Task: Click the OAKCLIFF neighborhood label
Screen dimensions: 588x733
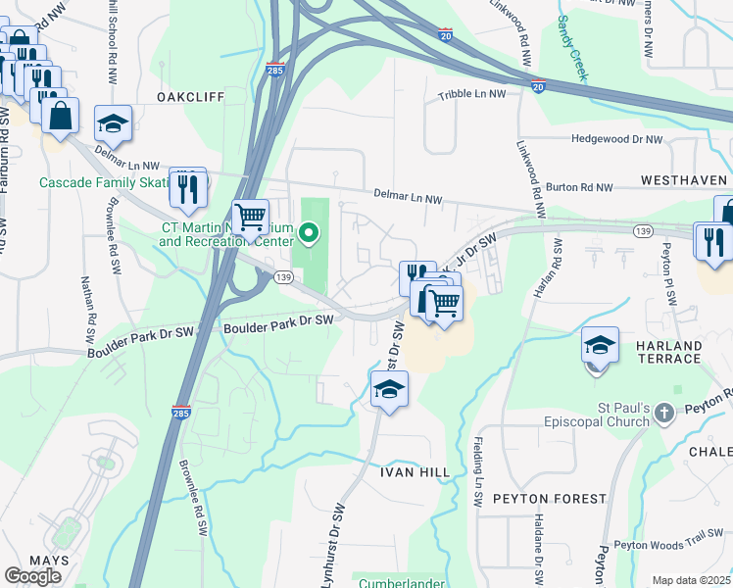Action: (191, 97)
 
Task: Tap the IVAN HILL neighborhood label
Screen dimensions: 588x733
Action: (415, 472)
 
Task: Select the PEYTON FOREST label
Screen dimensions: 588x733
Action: (550, 499)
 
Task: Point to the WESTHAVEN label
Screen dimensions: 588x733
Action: (683, 181)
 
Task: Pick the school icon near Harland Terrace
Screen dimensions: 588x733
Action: (600, 346)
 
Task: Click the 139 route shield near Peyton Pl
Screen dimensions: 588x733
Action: (643, 230)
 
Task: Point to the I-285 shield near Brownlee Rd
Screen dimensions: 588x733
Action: (181, 413)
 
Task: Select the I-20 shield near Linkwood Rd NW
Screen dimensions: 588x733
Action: (538, 87)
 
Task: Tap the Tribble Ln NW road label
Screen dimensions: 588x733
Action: (471, 96)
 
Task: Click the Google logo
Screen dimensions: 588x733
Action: (32, 576)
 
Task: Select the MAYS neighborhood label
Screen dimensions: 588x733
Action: (49, 561)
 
